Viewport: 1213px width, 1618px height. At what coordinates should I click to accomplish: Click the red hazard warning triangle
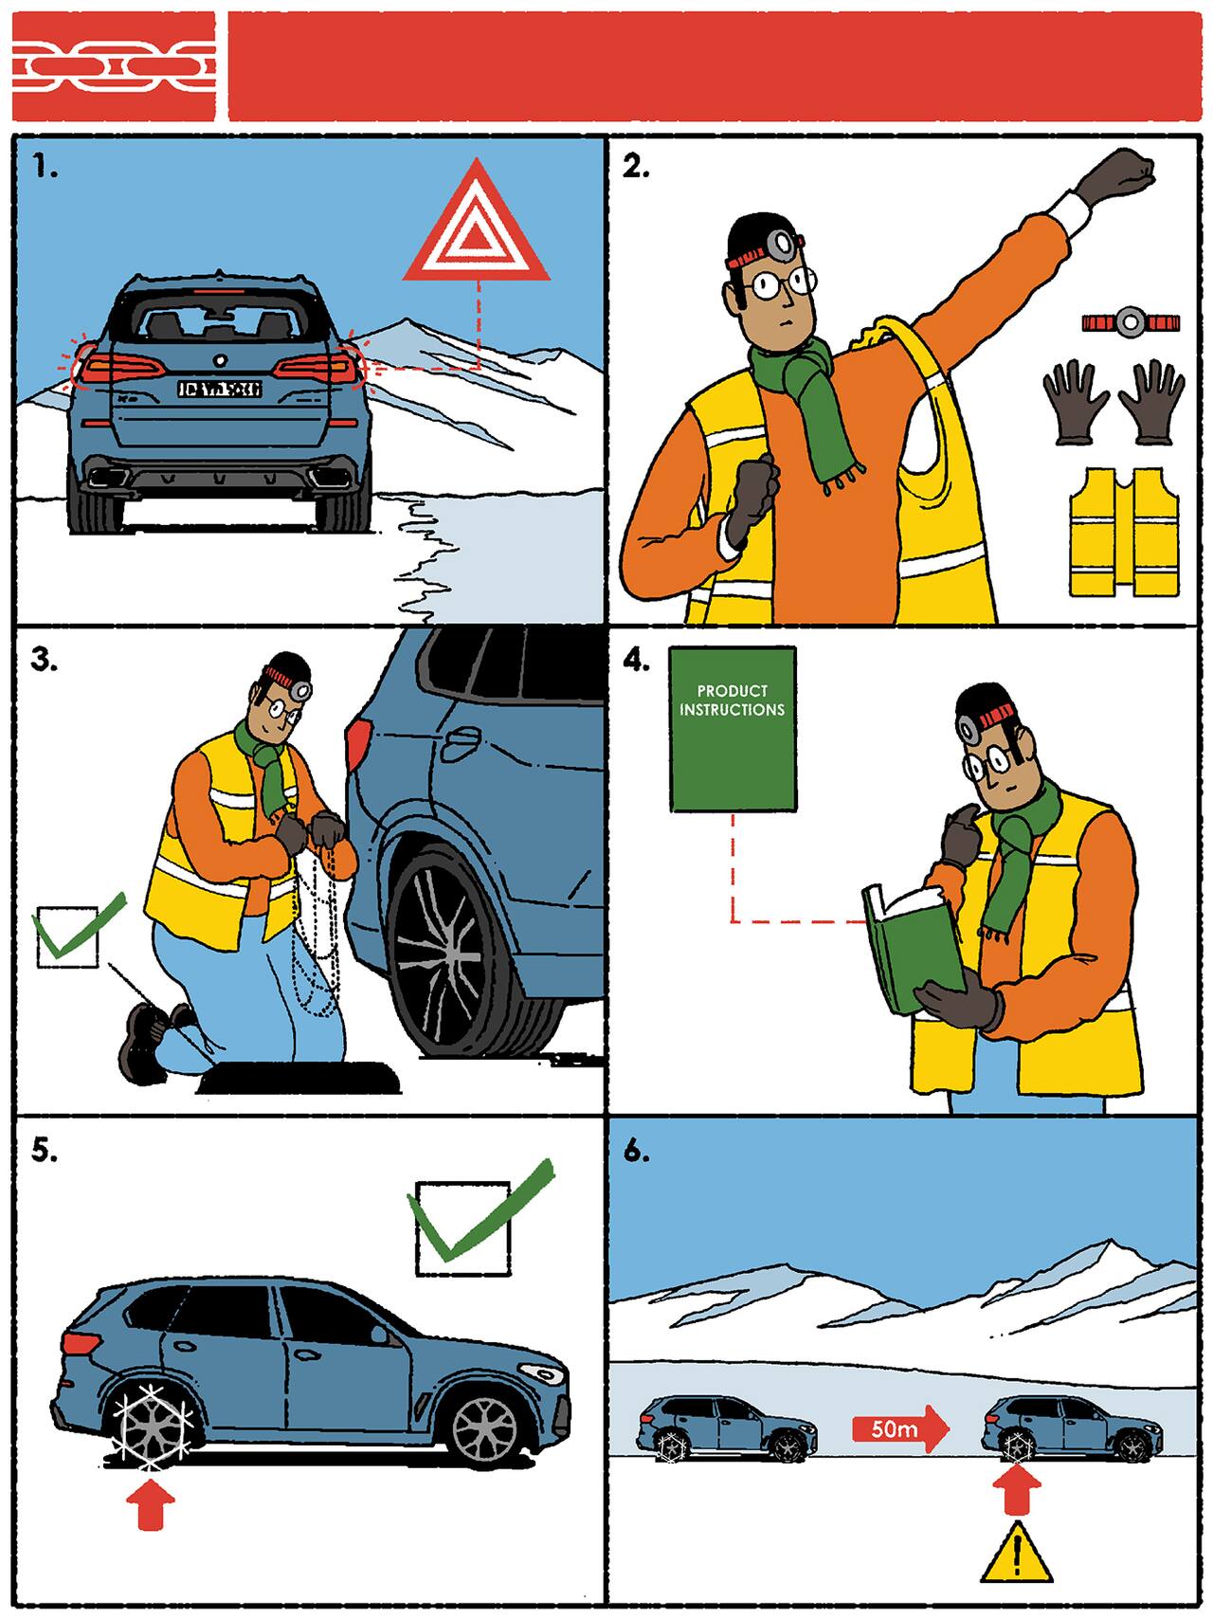point(476,227)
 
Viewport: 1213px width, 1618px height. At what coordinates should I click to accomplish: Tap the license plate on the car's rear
point(219,389)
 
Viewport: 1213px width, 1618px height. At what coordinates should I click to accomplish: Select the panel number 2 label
point(635,167)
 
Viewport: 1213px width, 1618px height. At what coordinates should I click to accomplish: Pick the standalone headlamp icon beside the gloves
point(1130,323)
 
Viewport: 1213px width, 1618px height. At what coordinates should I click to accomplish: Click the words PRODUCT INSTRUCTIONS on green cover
point(732,700)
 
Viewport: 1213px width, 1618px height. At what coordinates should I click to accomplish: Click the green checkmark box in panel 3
point(71,935)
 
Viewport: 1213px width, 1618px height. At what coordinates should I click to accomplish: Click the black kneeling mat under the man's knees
point(294,1079)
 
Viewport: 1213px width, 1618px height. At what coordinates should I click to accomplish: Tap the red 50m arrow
point(898,1427)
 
